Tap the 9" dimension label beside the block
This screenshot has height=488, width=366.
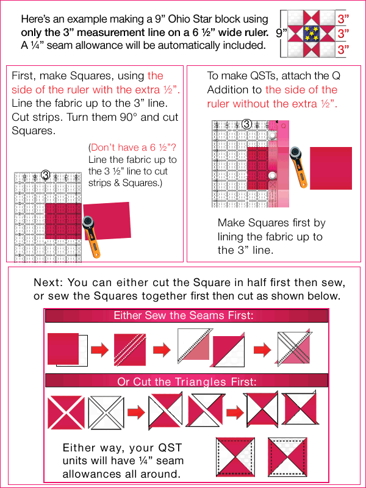(281, 34)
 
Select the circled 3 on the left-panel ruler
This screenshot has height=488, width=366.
(46, 175)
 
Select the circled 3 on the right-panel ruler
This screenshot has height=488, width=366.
(246, 124)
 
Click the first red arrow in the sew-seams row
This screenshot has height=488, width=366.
(99, 350)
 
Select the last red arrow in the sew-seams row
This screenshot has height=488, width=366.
(262, 350)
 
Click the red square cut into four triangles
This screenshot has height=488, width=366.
(66, 412)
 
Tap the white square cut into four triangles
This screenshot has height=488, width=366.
(106, 412)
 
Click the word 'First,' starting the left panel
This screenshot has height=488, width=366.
(23, 76)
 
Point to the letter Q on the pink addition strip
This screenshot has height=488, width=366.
(283, 126)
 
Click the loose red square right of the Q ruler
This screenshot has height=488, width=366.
(331, 168)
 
